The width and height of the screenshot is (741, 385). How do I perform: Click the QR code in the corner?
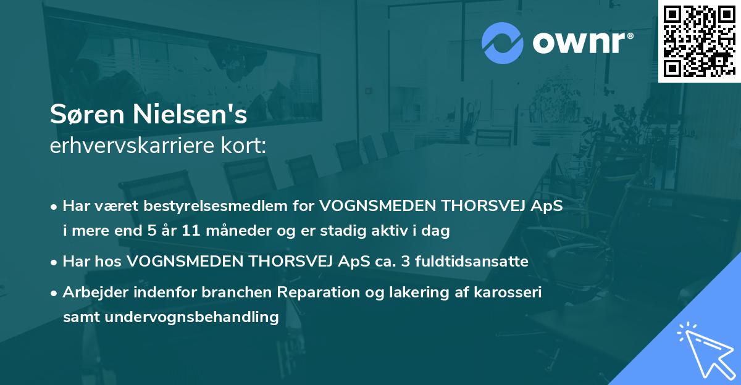[x=698, y=41]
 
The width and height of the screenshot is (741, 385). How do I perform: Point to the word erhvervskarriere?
[x=125, y=146]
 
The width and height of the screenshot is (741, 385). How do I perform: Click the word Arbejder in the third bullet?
[x=91, y=292]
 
